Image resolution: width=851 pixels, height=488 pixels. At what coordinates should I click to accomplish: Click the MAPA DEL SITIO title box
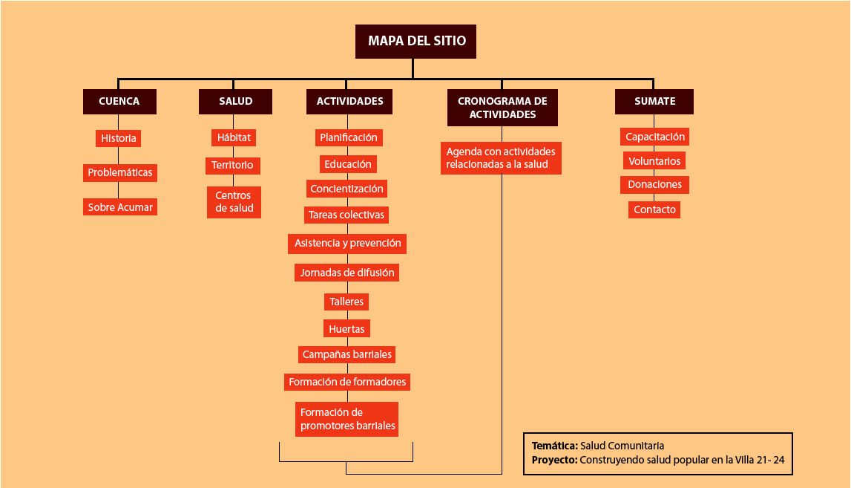pos(416,42)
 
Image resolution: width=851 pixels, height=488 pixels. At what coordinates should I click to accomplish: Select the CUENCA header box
pos(119,102)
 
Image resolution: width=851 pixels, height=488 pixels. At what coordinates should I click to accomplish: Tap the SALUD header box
pos(235,102)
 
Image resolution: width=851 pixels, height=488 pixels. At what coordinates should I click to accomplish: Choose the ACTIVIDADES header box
pos(349,102)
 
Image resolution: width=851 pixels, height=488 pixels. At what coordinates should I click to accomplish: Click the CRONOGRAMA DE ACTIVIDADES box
pos(502,108)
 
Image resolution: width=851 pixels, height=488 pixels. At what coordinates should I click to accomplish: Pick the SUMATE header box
pos(654,102)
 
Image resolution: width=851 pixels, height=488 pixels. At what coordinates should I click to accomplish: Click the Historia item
pos(119,138)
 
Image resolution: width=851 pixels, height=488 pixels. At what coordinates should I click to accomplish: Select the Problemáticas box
pos(120,173)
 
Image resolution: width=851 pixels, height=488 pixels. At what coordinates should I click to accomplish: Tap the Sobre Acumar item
pos(120,207)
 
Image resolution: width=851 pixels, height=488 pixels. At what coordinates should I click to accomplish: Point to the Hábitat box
pos(234,137)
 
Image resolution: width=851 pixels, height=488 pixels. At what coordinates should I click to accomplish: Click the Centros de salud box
pos(234,202)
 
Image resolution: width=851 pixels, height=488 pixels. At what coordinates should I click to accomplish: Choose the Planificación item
pos(349,137)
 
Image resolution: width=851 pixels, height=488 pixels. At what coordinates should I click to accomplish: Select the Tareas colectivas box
pos(347,215)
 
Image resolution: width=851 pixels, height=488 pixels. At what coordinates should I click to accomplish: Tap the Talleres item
pos(346,302)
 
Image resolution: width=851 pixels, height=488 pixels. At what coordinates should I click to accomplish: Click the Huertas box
pos(346,328)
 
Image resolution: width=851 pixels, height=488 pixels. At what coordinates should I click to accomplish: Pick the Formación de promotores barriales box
pos(347,420)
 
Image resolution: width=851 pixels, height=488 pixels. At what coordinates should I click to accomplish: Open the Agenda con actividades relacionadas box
pos(501,157)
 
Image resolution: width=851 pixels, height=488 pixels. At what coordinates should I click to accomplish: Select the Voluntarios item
pos(654,161)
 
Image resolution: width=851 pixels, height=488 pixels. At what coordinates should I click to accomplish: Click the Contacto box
pos(654,209)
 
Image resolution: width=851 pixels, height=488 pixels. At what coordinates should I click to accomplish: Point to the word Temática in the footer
pos(554,446)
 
